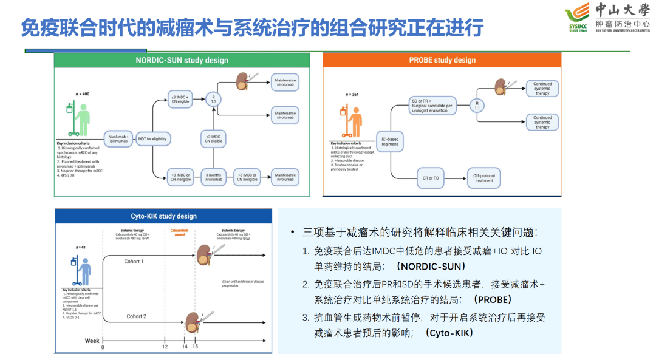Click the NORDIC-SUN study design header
pyautogui.click(x=182, y=60)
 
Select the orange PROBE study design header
pyautogui.click(x=442, y=60)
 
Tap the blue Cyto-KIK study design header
pyautogui.click(x=164, y=216)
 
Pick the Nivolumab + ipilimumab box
pyautogui.click(x=118, y=139)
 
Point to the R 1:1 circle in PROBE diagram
pyautogui.click(x=477, y=105)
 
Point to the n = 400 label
pyautogui.click(x=82, y=94)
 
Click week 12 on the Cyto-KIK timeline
pyautogui.click(x=165, y=347)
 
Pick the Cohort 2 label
pyautogui.click(x=136, y=316)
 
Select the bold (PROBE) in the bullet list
pyautogui.click(x=493, y=300)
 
